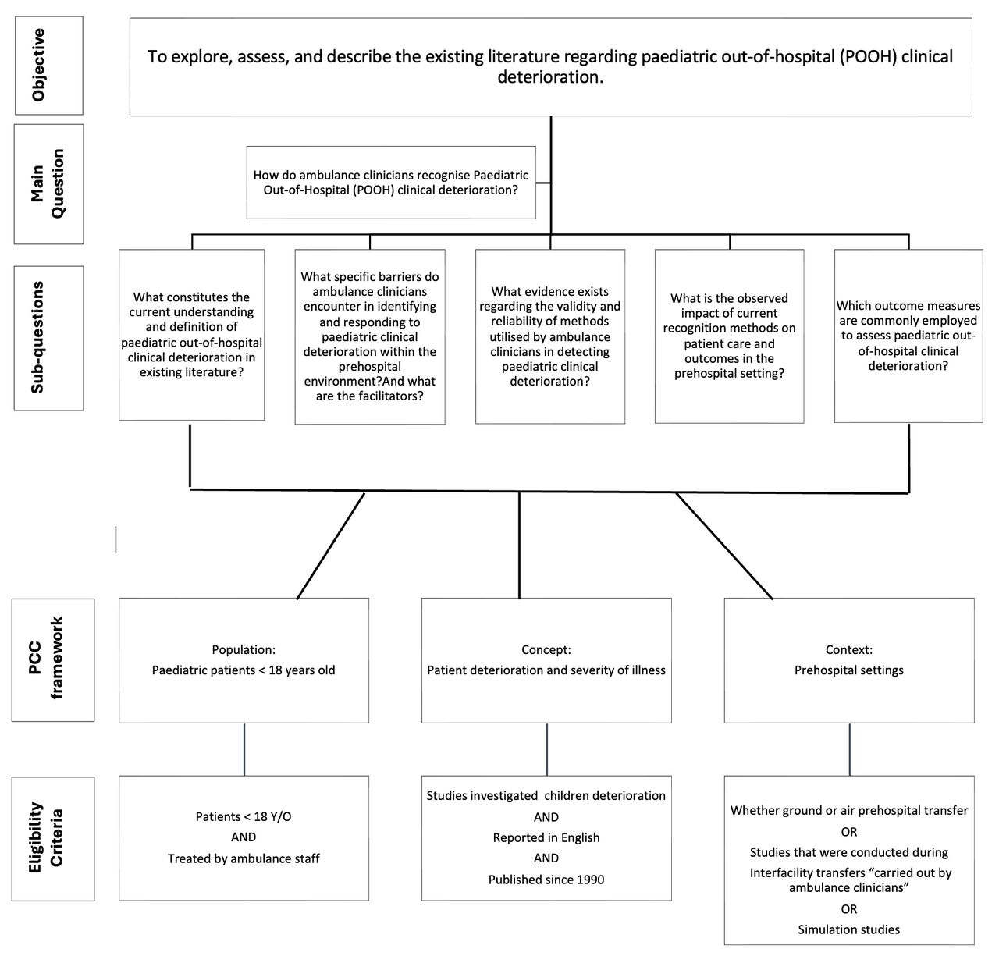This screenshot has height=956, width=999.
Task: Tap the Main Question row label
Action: [48, 184]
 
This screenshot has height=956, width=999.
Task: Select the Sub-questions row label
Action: [48, 337]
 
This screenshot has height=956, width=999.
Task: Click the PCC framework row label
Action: [52, 659]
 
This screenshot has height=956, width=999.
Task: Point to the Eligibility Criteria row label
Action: [52, 838]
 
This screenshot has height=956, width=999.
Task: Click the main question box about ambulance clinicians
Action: [391, 183]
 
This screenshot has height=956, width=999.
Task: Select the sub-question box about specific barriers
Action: [370, 336]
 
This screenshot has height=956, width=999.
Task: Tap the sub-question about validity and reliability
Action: [549, 336]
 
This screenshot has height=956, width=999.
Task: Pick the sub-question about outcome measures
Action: [908, 336]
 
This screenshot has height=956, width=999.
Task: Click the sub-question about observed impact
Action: [729, 336]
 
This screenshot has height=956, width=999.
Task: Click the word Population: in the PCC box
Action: [244, 649]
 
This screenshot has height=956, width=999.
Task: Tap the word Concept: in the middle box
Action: [546, 649]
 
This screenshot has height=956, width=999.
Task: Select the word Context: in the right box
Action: [848, 649]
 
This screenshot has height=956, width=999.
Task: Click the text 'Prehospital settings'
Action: [848, 670]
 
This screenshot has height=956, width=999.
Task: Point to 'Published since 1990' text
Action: [546, 880]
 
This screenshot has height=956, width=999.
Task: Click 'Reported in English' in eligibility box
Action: [546, 837]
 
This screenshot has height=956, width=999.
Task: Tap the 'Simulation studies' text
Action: [848, 929]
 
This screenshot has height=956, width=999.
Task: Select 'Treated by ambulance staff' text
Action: [244, 858]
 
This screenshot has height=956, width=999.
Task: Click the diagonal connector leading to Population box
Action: [331, 546]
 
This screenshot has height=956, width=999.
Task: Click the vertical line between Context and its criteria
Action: [849, 748]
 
